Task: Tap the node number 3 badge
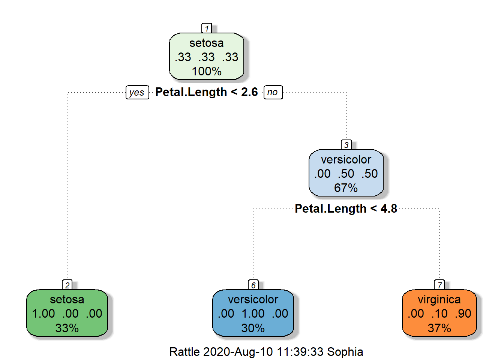tap(346, 145)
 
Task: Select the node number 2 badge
tap(67, 285)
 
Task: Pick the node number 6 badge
tap(253, 285)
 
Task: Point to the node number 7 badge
tap(439, 285)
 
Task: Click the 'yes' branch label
tap(137, 92)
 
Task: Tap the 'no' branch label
tap(273, 92)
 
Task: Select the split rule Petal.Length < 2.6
tap(207, 92)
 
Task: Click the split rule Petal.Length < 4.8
tap(346, 208)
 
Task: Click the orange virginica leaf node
tap(439, 313)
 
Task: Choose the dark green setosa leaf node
tap(67, 313)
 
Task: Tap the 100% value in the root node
tap(207, 71)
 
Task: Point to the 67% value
tap(346, 188)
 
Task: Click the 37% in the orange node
tap(439, 328)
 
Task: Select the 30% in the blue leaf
tap(253, 328)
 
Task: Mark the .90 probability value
tap(463, 313)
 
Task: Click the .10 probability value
tap(439, 313)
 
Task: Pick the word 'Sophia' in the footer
tap(345, 352)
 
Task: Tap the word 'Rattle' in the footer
tap(184, 352)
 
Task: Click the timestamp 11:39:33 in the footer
tap(300, 352)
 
